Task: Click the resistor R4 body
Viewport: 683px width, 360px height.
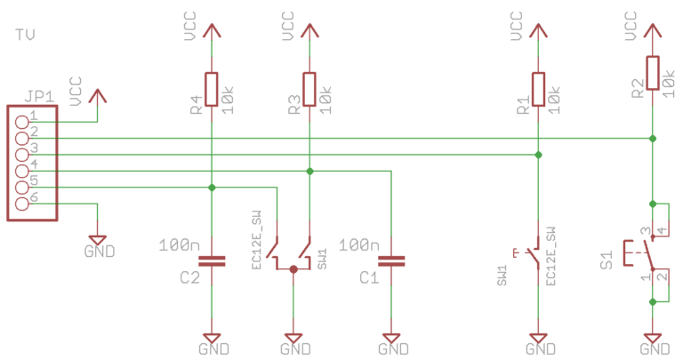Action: [212, 88]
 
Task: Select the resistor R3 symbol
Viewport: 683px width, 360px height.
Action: [309, 88]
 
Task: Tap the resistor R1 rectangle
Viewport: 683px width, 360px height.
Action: [538, 88]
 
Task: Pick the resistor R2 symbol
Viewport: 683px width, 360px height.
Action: [653, 72]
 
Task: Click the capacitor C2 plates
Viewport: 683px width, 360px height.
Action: [212, 260]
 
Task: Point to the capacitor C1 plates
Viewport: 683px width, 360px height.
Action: [390, 260]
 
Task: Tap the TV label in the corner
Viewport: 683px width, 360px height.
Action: [27, 35]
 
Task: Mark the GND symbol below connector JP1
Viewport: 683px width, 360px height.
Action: [98, 243]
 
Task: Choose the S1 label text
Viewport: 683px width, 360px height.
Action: [607, 260]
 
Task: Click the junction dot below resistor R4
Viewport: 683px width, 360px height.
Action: [212, 187]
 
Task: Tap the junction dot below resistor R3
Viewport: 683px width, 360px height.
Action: [309, 171]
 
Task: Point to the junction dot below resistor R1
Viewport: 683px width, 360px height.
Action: [538, 155]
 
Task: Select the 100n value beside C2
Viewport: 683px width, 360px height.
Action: [181, 244]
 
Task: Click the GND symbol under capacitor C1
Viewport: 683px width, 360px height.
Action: [390, 341]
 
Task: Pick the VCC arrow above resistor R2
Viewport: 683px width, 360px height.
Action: [653, 30]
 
